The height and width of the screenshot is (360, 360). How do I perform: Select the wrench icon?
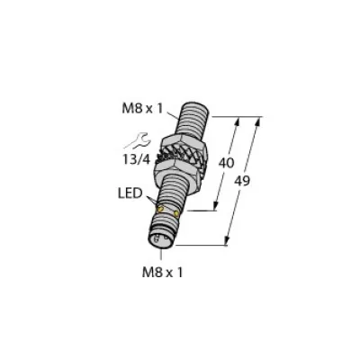click(x=138, y=141)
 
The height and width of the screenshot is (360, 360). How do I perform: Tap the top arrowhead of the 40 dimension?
click(x=240, y=121)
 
